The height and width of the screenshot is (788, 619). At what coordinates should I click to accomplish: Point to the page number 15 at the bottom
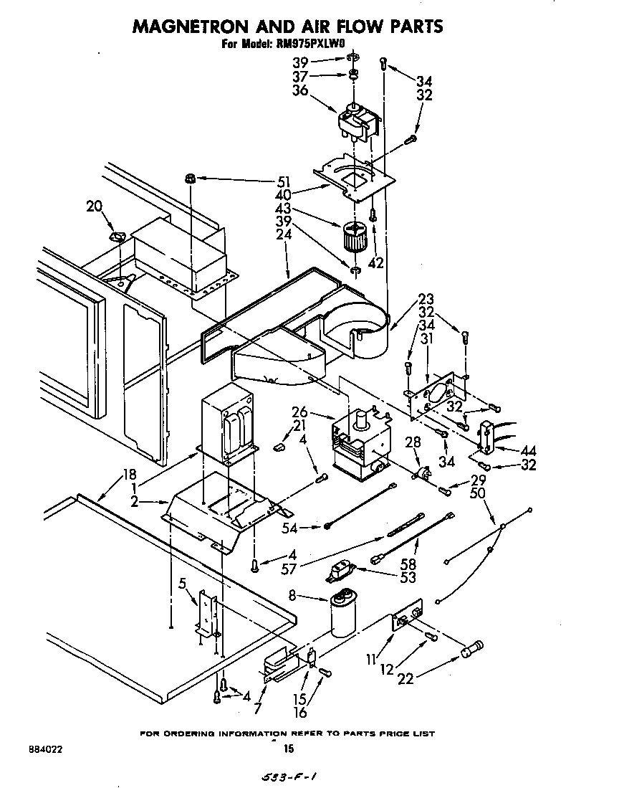coord(289,749)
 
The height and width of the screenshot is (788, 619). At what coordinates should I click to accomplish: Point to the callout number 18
coord(129,473)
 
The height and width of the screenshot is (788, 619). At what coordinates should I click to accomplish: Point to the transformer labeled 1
coord(228,429)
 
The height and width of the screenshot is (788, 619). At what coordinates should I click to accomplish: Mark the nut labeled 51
coord(191,178)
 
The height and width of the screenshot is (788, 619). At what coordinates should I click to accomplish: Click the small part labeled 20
coord(116,236)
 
